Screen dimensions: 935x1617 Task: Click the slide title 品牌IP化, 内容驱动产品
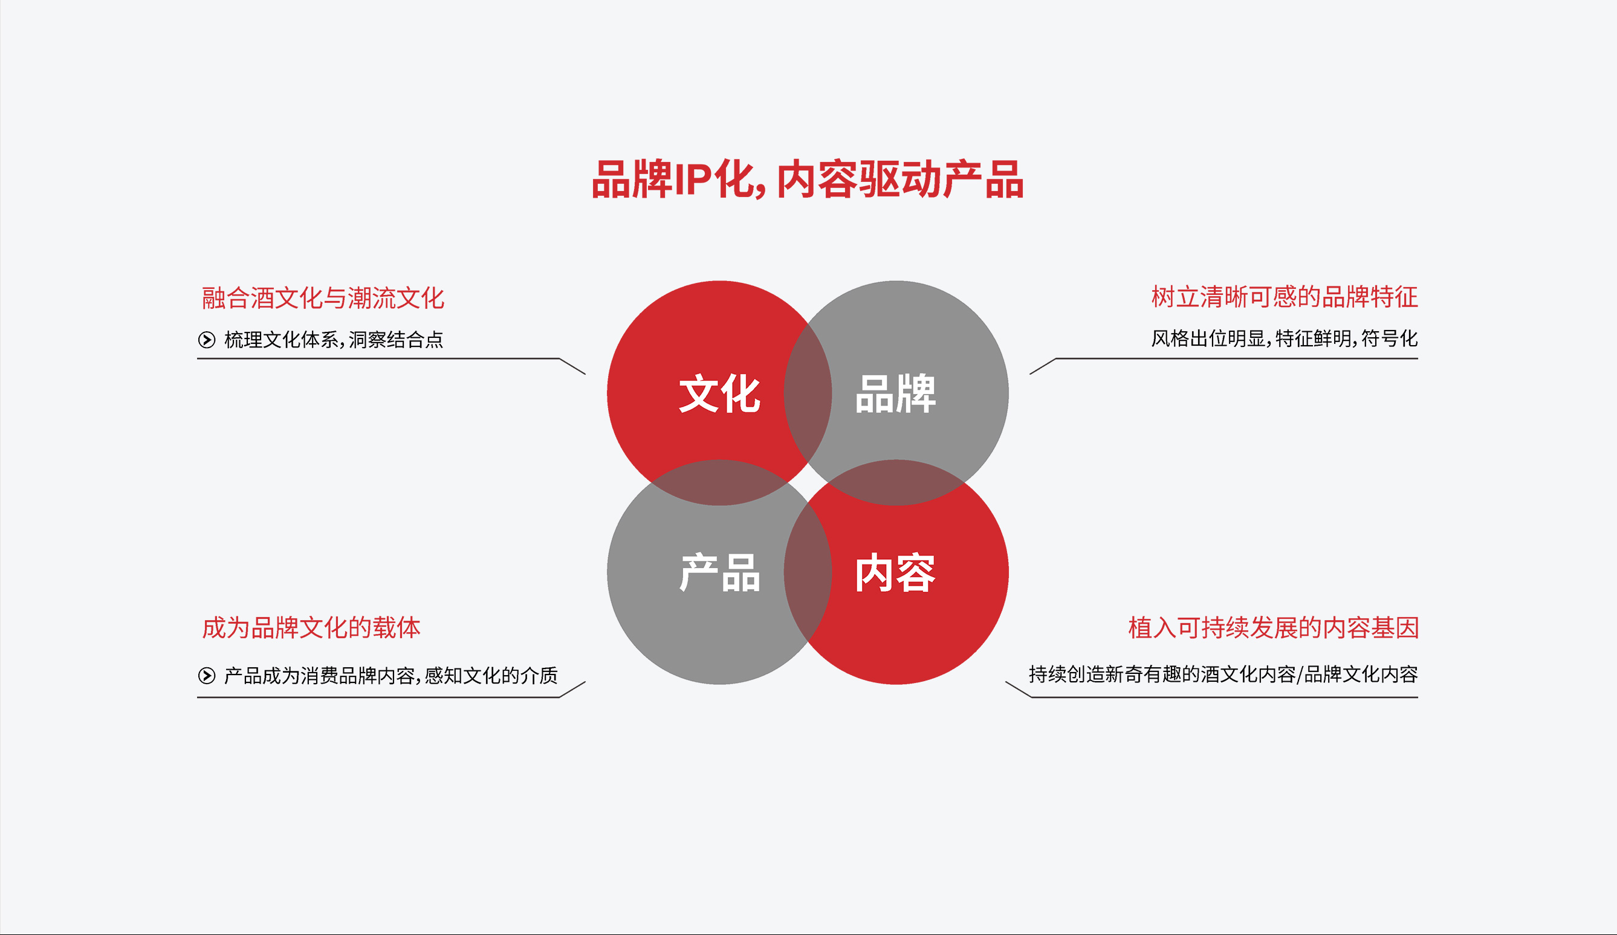pyautogui.click(x=807, y=180)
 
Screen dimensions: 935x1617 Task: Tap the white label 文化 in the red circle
pyautogui.click(x=719, y=393)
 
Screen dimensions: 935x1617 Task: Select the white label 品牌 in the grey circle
pyautogui.click(x=896, y=393)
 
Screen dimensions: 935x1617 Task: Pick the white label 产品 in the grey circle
pyautogui.click(x=719, y=572)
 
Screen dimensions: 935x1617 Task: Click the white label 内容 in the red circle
pyautogui.click(x=896, y=572)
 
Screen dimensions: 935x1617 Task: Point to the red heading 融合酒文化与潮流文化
pyautogui.click(x=323, y=299)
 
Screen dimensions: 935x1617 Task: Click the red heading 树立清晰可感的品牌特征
pyautogui.click(x=1284, y=297)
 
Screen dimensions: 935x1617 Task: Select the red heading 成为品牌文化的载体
pyautogui.click(x=311, y=627)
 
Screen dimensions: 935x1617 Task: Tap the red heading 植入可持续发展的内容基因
pyautogui.click(x=1273, y=627)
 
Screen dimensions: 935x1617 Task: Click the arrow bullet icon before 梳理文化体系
pyautogui.click(x=207, y=340)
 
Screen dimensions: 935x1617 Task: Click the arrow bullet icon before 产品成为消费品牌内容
pyautogui.click(x=207, y=675)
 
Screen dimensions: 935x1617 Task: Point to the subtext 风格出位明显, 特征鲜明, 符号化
pyautogui.click(x=1284, y=338)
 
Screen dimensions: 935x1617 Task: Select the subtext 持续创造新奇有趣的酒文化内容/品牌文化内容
pyautogui.click(x=1223, y=674)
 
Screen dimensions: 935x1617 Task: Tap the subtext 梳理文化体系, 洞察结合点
pyautogui.click(x=334, y=340)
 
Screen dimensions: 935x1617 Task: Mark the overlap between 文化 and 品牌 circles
pyautogui.click(x=808, y=393)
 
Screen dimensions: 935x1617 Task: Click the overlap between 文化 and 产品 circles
pyautogui.click(x=719, y=482)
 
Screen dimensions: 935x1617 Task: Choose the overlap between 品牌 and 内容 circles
pyautogui.click(x=896, y=482)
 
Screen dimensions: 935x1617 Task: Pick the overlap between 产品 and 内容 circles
pyautogui.click(x=808, y=572)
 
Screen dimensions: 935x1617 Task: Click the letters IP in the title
pyautogui.click(x=692, y=180)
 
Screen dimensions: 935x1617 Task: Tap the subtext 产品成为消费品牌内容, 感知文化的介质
pyautogui.click(x=390, y=675)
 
